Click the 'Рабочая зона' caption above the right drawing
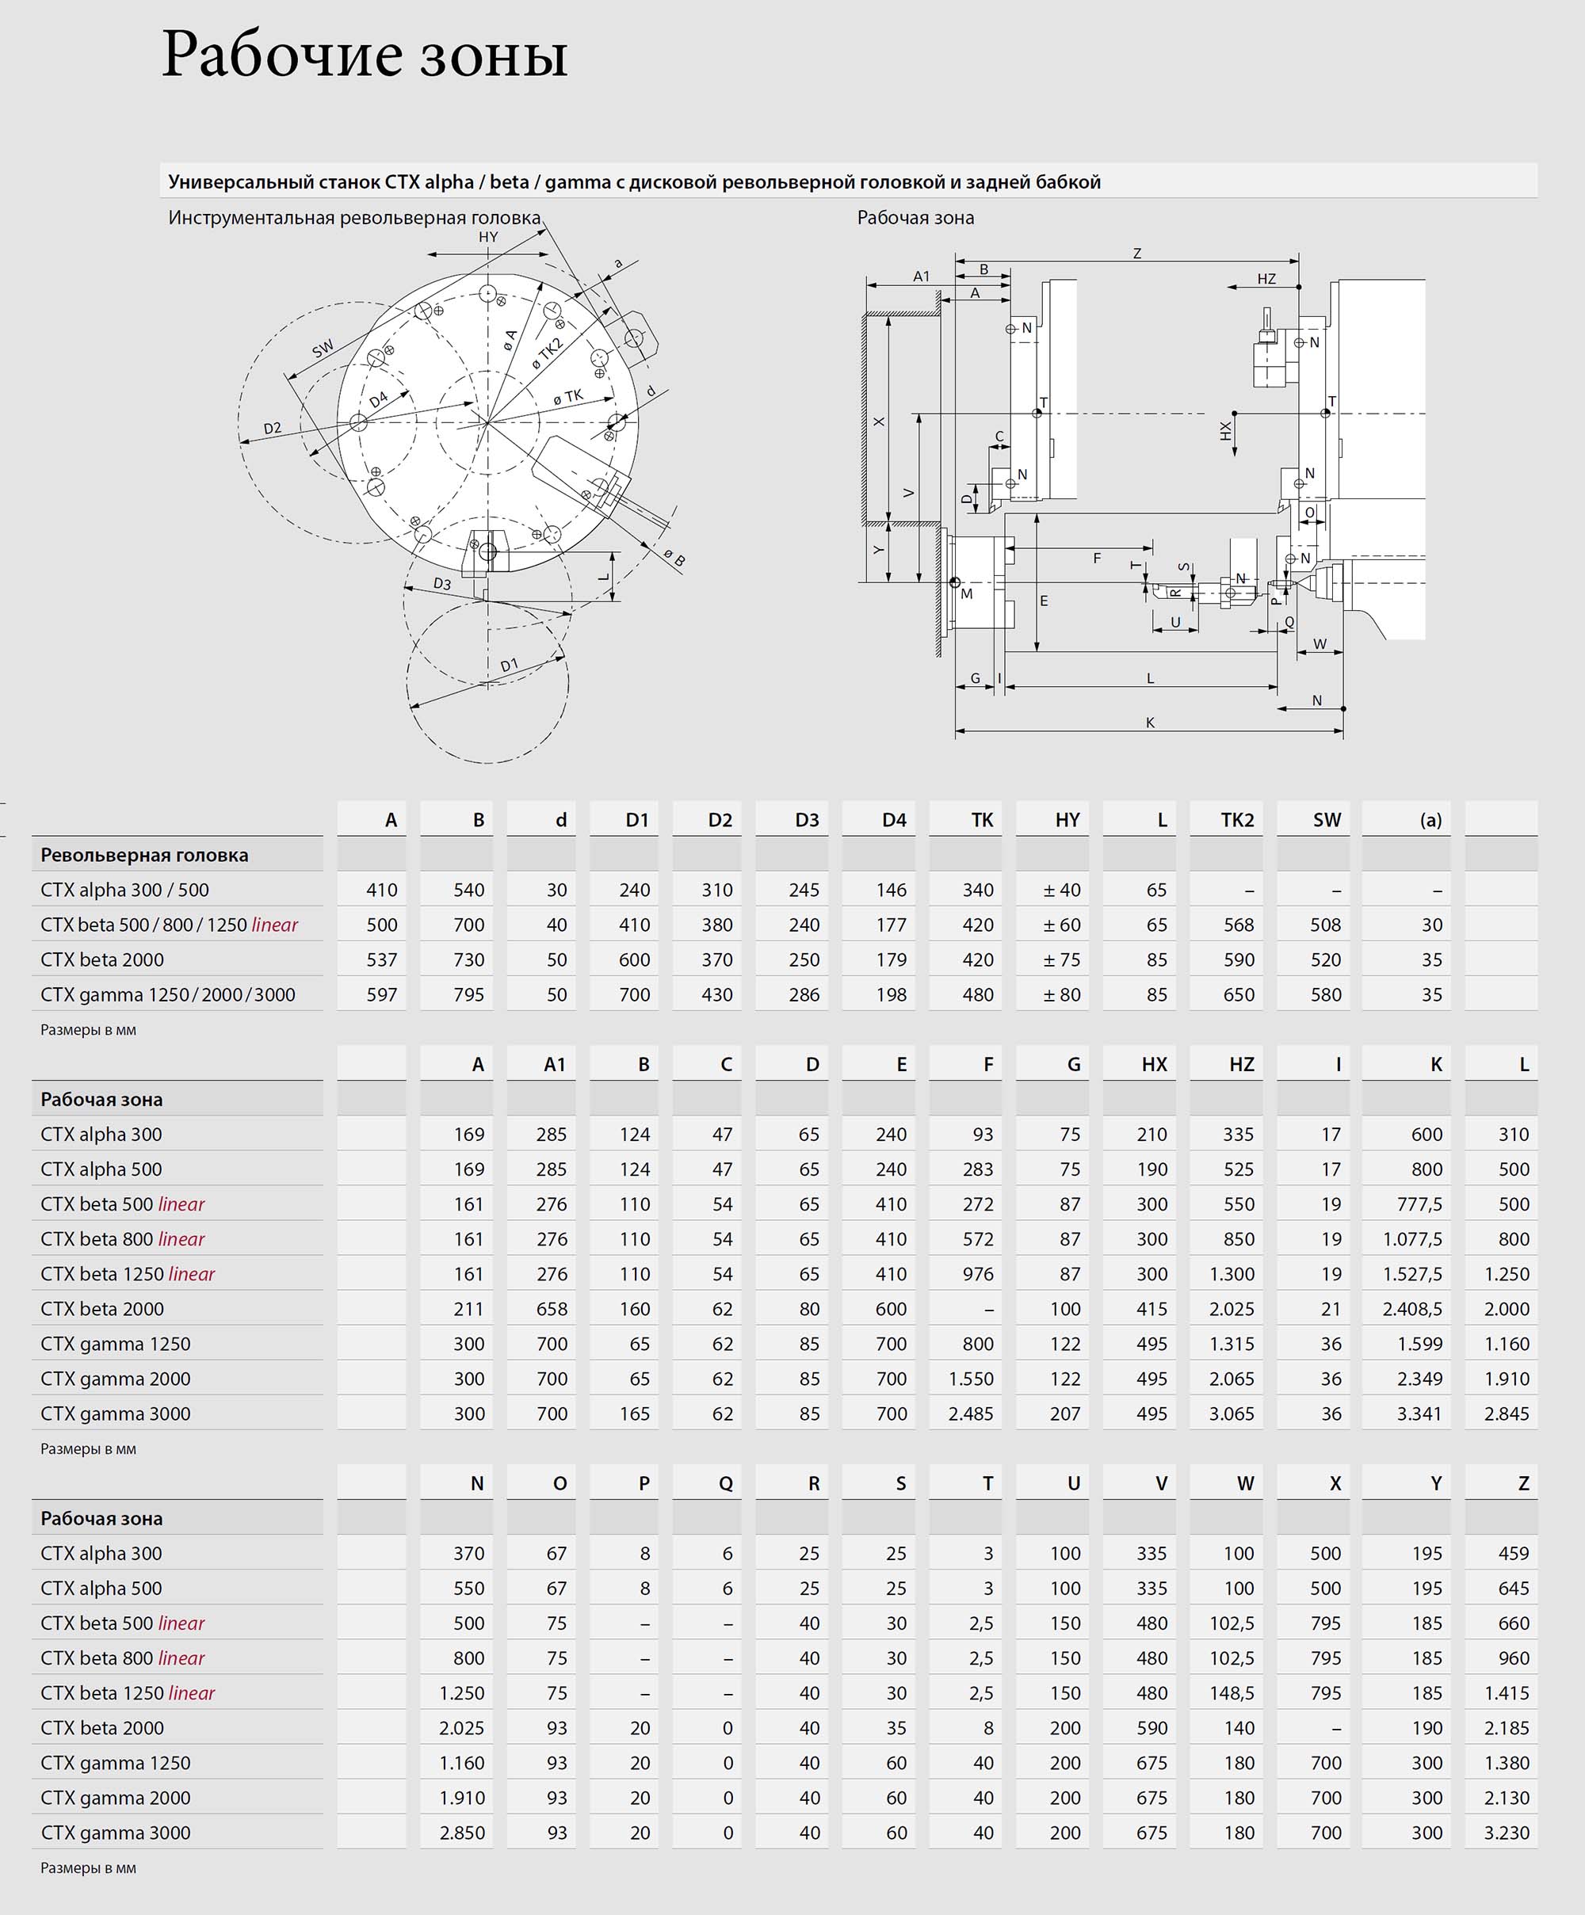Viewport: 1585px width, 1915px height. [915, 218]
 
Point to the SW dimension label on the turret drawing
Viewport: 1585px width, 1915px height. [323, 349]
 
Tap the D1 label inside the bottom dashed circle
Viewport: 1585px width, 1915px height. [509, 665]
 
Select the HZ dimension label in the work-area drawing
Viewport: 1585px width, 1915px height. [1266, 279]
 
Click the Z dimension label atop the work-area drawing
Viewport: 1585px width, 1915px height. [1136, 254]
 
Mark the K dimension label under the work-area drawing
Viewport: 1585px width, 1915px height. [1150, 723]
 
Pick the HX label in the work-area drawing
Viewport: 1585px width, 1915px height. [1226, 430]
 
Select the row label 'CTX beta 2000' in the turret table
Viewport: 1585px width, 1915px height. [102, 959]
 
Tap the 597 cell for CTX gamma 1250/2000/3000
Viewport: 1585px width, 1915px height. [381, 995]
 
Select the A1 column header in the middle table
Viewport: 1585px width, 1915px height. [554, 1064]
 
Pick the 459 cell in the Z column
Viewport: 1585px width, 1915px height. [1513, 1553]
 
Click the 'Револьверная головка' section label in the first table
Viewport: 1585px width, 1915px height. [144, 856]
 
